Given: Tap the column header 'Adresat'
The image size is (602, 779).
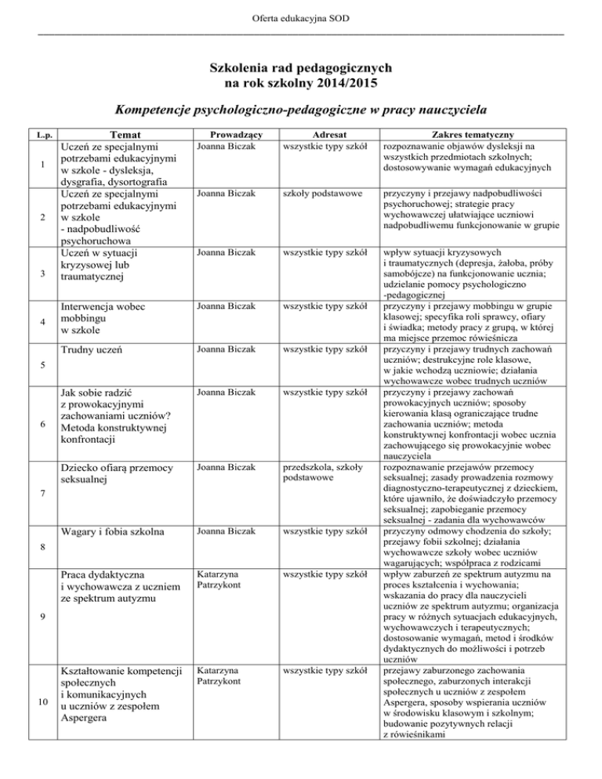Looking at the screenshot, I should tap(324, 134).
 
